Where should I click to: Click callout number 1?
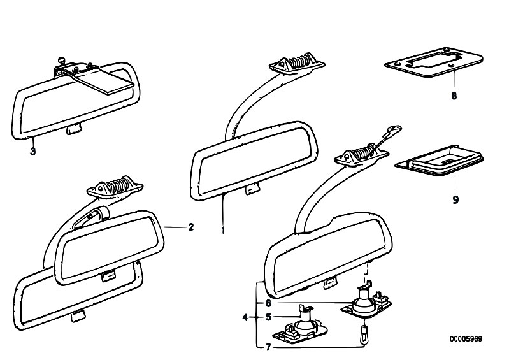click(x=223, y=230)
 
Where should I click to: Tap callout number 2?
click(x=191, y=227)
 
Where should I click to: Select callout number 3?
click(x=32, y=151)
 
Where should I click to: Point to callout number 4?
click(x=245, y=317)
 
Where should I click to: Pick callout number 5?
click(x=268, y=317)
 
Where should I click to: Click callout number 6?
click(x=268, y=303)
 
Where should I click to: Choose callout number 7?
click(x=268, y=348)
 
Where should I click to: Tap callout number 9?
click(x=455, y=199)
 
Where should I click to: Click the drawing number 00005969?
click(x=466, y=339)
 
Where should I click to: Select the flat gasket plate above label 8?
click(x=434, y=62)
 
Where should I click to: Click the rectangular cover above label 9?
click(x=439, y=161)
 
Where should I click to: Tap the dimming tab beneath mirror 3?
click(x=75, y=129)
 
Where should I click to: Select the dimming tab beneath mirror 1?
click(x=252, y=188)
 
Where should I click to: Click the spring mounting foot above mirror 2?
click(x=115, y=187)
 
